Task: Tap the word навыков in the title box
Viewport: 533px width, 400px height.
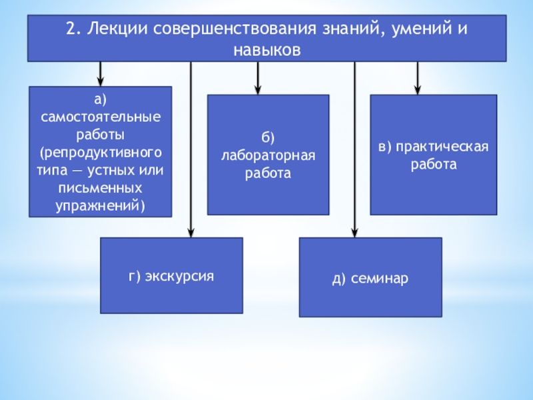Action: (x=267, y=50)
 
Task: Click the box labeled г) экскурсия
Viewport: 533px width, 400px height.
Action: (x=171, y=275)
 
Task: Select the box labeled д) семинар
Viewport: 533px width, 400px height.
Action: (x=370, y=277)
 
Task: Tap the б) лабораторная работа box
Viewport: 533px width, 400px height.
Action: (x=267, y=155)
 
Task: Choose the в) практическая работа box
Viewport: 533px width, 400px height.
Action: (x=433, y=155)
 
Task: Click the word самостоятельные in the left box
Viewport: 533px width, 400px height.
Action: (x=100, y=116)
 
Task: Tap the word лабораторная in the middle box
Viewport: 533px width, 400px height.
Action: (x=267, y=155)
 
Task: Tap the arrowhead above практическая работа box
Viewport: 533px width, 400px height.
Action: (x=418, y=89)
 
